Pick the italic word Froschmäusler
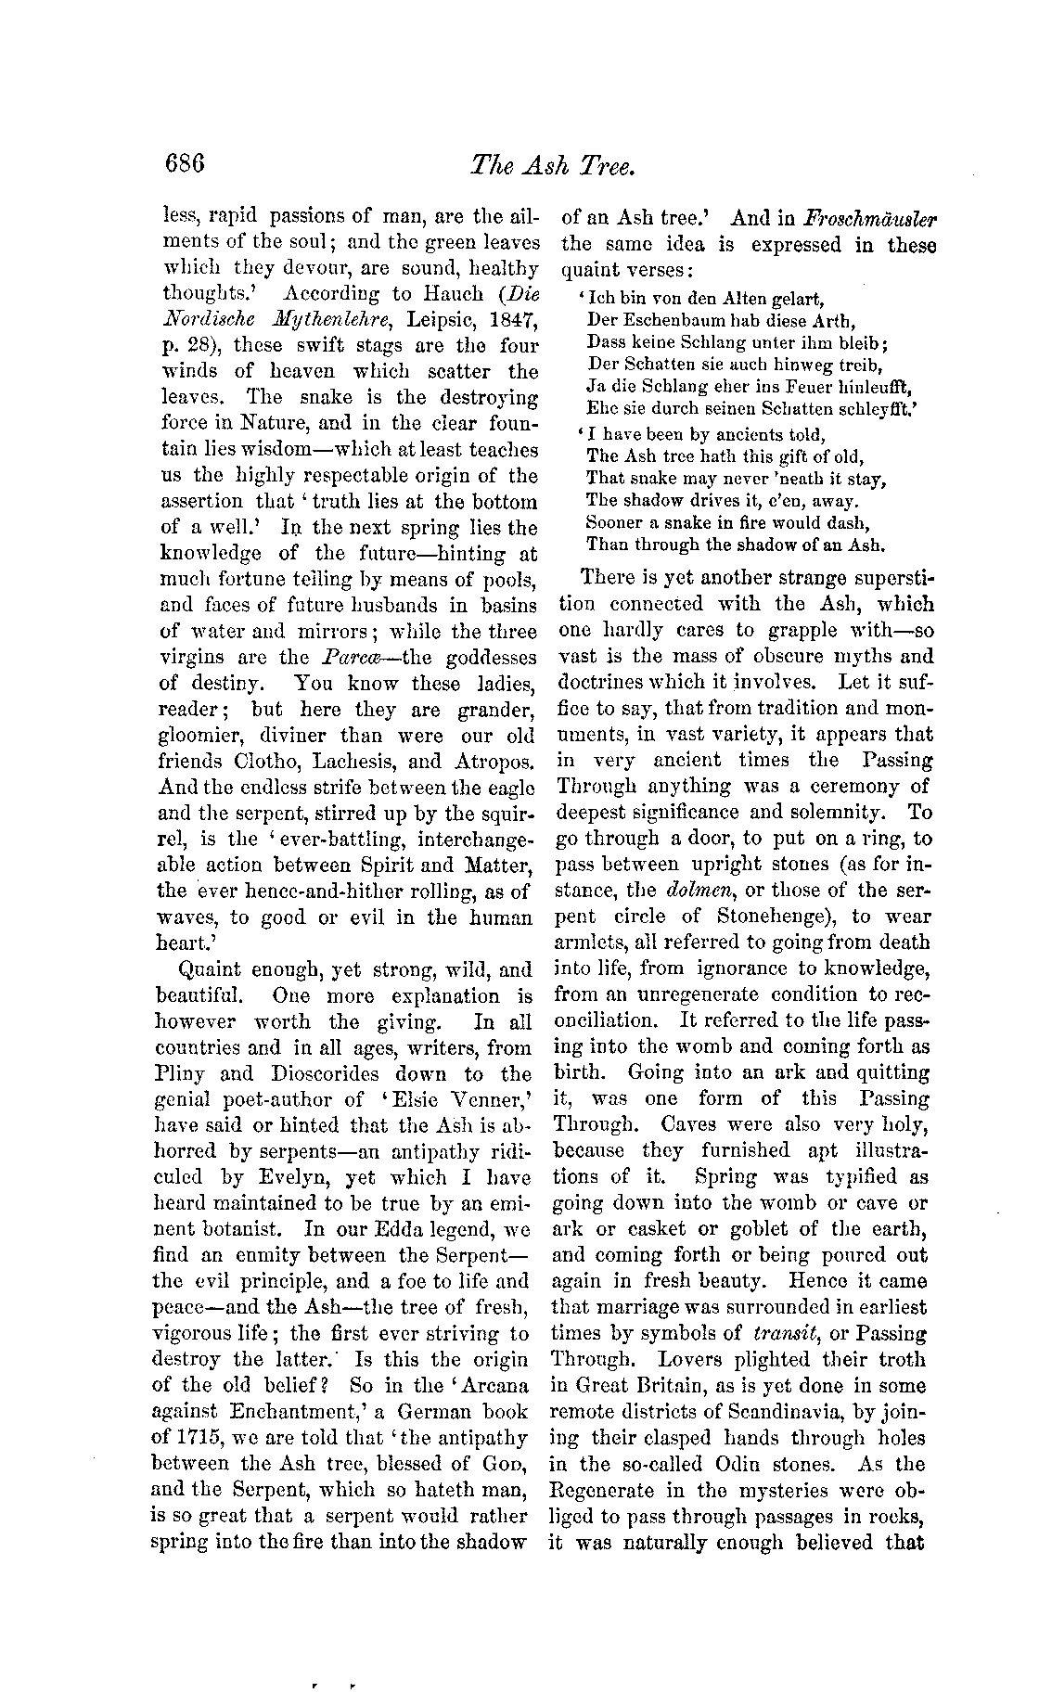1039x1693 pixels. tap(871, 219)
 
